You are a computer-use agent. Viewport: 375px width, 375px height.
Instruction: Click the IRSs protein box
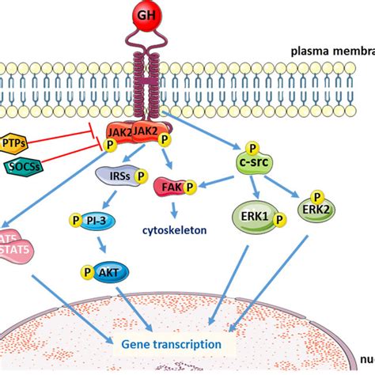point(112,175)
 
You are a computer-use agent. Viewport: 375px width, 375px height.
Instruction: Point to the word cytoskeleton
point(174,230)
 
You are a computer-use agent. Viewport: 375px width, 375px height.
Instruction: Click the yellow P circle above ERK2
point(316,195)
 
